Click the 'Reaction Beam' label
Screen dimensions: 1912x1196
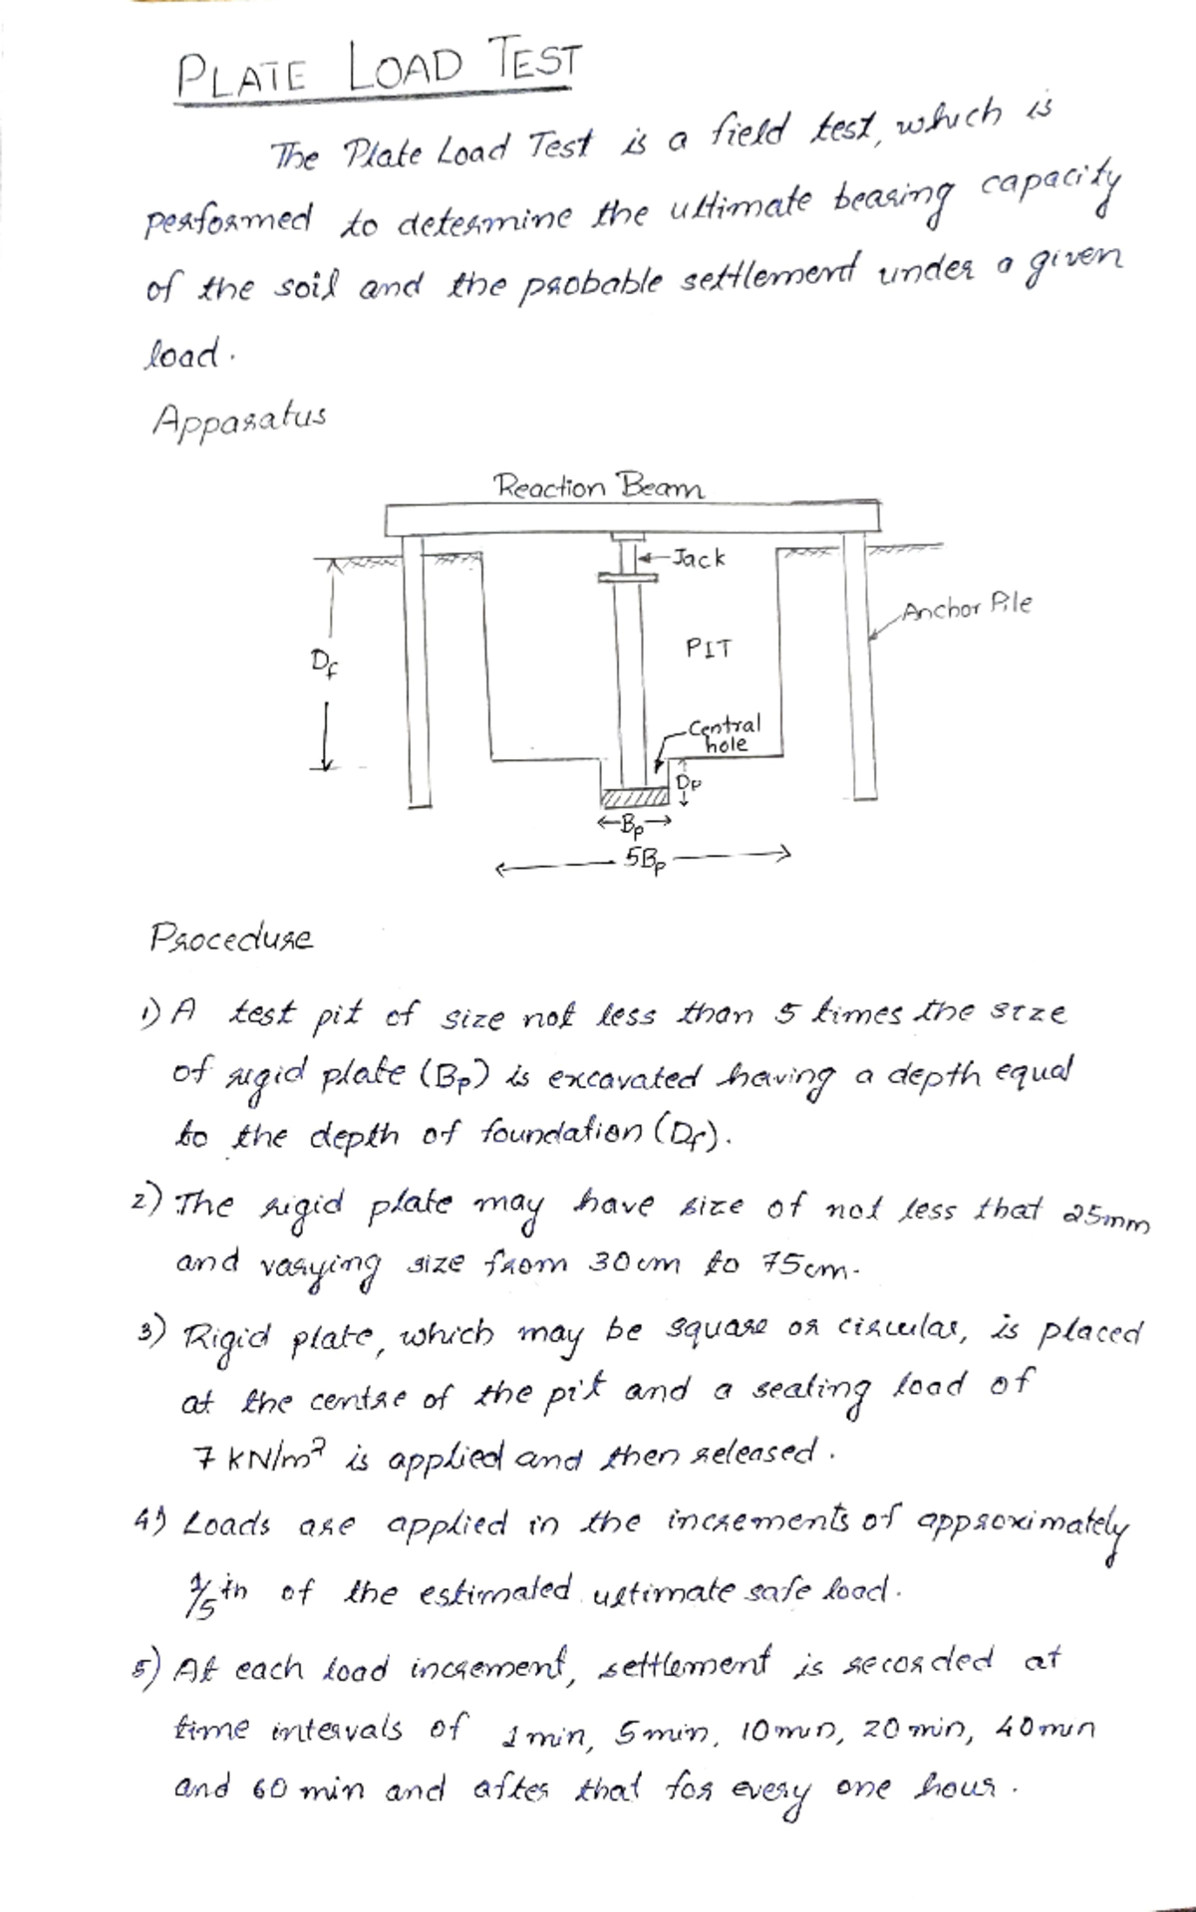(x=599, y=487)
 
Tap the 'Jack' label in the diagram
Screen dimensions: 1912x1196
(x=699, y=559)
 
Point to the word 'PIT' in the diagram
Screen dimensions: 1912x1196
(x=709, y=650)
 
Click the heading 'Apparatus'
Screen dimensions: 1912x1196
(x=238, y=417)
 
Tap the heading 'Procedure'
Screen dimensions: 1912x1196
(x=231, y=938)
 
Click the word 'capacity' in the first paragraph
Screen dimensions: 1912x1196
(x=1042, y=190)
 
